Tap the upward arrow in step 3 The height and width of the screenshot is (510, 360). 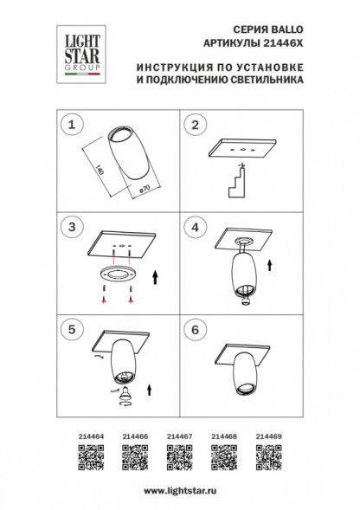(154, 278)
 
